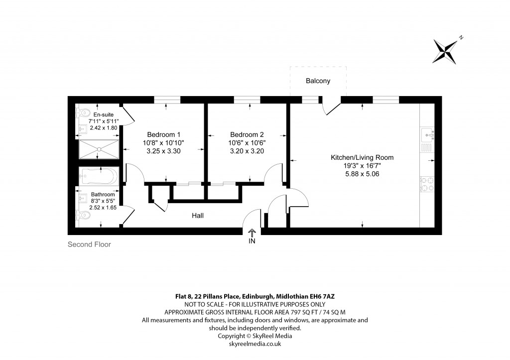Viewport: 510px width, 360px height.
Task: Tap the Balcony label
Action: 318,81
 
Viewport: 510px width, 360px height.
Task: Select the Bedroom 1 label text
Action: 164,134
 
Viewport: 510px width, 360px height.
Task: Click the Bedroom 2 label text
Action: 247,134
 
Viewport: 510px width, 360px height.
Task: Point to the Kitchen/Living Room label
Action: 362,157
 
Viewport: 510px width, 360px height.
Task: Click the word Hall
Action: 198,216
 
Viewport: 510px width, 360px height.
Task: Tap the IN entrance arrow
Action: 252,232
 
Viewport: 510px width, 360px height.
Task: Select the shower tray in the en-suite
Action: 99,149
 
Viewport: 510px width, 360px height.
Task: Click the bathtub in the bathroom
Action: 99,177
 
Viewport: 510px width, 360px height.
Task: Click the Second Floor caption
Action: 89,244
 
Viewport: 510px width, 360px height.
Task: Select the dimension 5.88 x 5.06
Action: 362,174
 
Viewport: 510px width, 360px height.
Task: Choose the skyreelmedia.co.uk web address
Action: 255,344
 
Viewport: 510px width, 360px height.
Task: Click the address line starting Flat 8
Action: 255,296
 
